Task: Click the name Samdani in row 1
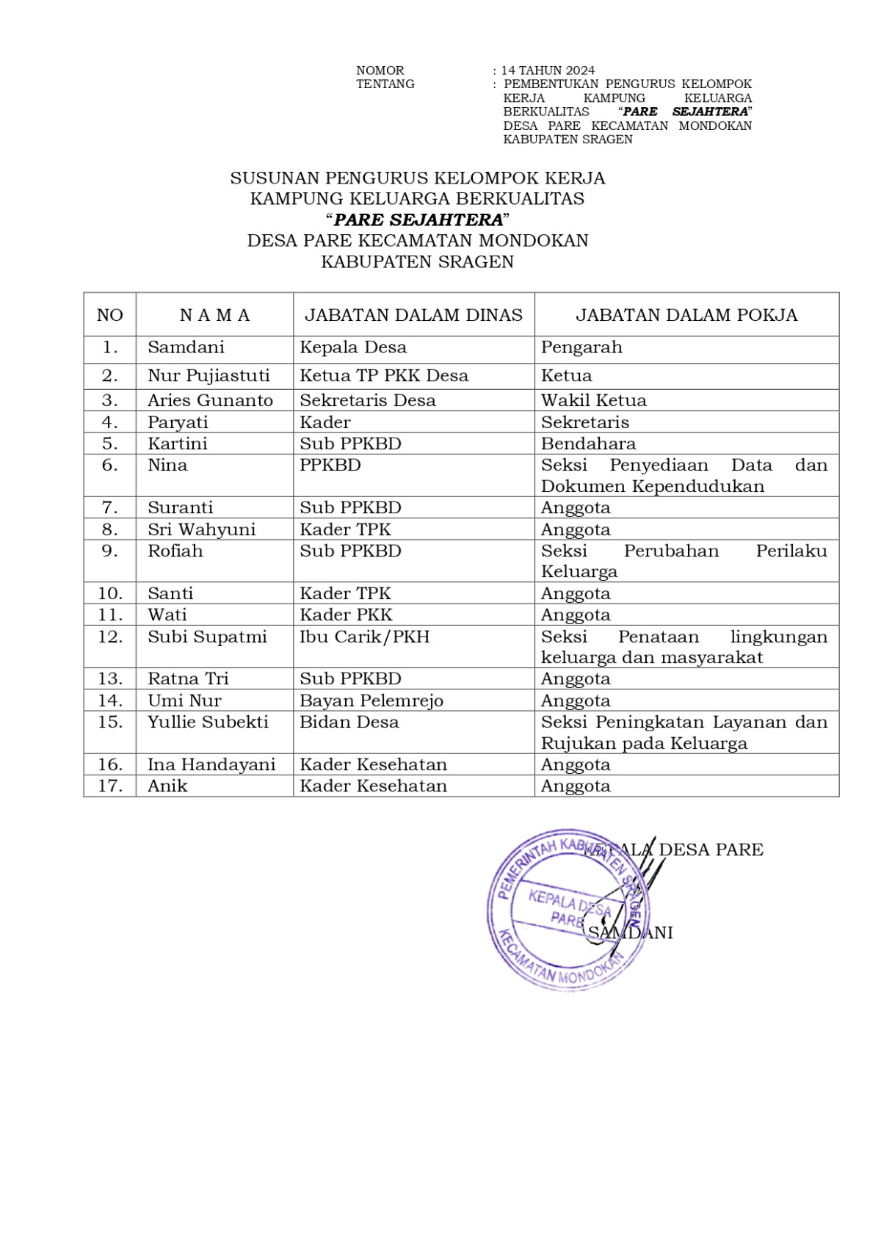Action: [186, 347]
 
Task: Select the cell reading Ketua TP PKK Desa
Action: [383, 376]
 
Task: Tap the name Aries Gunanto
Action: [210, 400]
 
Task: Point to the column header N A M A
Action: [214, 315]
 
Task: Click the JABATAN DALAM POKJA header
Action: [686, 315]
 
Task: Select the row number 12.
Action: [110, 637]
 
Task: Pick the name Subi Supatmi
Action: [207, 637]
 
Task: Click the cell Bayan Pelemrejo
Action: [371, 700]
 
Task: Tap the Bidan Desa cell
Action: [349, 722]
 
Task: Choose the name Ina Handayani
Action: [211, 764]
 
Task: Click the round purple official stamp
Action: [567, 910]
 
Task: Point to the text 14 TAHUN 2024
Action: [548, 70]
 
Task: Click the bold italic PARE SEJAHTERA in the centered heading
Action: [418, 220]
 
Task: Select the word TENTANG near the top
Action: [385, 84]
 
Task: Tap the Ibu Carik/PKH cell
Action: [364, 637]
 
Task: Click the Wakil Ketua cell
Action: [593, 400]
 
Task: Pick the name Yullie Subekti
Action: [208, 722]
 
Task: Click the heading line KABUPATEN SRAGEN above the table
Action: [417, 261]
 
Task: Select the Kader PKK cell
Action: [346, 615]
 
